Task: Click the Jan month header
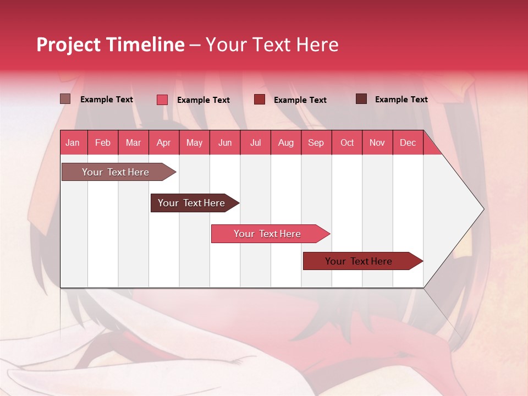73,142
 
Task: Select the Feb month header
103,142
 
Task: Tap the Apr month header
163,142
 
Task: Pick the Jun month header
225,142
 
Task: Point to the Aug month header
285,142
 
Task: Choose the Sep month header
316,142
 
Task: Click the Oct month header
347,142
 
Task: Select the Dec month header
408,142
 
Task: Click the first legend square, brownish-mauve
65,99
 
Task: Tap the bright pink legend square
162,100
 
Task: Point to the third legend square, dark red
260,99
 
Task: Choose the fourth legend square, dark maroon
361,99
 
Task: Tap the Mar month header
133,142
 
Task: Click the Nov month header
377,142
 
